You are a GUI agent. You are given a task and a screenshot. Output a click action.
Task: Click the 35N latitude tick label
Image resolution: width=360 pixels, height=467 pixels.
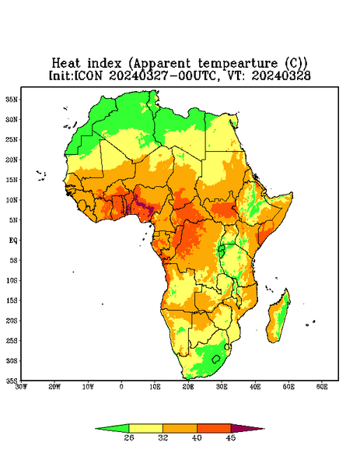(12, 100)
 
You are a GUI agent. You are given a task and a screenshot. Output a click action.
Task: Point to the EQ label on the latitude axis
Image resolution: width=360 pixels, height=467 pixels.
(12, 241)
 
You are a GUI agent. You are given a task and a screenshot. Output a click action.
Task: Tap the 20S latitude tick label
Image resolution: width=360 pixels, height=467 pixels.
(12, 321)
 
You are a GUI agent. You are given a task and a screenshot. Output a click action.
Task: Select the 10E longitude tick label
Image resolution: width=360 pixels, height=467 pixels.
(155, 387)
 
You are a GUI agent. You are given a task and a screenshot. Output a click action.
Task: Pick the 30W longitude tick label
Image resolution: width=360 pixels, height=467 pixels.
(22, 387)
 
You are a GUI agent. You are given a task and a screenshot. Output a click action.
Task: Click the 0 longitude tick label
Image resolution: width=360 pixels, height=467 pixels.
(121, 387)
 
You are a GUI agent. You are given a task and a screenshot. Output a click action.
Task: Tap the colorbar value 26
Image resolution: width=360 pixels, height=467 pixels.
(129, 437)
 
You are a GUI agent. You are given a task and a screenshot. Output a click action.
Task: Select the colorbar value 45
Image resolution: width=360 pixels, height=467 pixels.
(231, 437)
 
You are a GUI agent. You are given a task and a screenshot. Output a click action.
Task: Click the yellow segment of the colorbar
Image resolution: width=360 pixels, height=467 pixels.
(145, 428)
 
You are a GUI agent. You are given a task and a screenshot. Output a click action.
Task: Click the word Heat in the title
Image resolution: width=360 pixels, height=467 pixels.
(66, 64)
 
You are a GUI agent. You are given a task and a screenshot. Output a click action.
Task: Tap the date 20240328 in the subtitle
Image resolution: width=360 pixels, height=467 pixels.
(281, 75)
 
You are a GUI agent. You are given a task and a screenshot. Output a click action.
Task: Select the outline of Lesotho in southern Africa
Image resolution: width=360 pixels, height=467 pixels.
(216, 360)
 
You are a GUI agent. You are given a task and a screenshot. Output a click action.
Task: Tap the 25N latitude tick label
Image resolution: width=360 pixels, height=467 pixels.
(12, 139)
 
